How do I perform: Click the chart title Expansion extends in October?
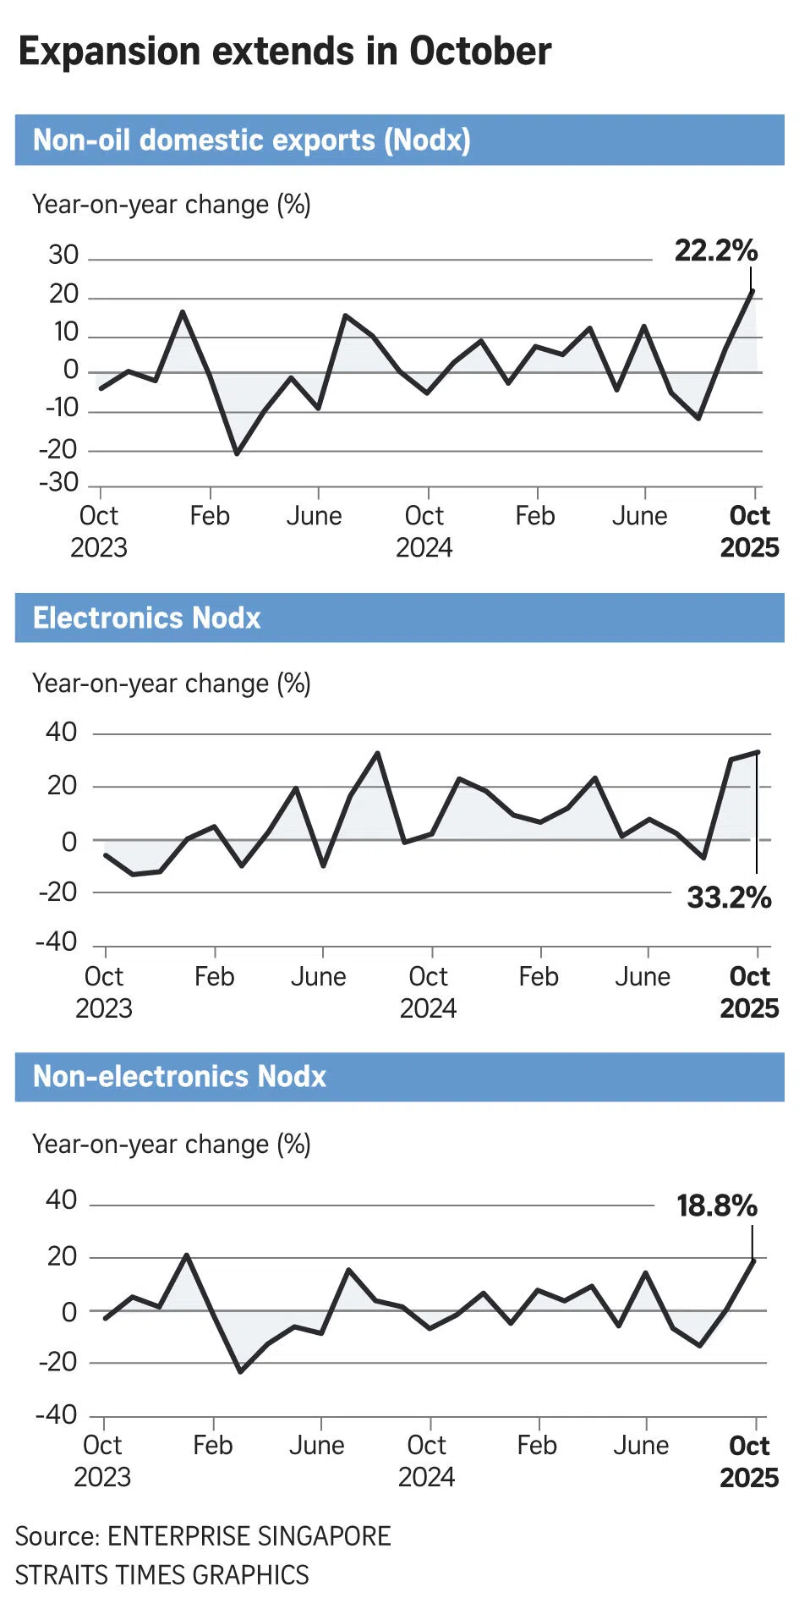coord(284,52)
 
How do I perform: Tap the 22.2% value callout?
coord(715,250)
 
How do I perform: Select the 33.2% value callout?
coord(729,898)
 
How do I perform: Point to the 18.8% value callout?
coord(716,1205)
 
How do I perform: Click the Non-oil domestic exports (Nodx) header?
coord(251,140)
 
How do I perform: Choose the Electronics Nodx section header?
coord(147,618)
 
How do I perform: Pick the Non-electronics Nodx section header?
coord(179,1076)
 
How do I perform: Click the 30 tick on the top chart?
coord(63,255)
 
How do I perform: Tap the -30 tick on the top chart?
coord(58,482)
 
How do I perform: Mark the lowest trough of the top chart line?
coord(237,453)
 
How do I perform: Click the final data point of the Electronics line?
coord(758,752)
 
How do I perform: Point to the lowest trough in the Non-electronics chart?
coord(240,1371)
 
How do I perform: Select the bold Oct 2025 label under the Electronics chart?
coord(749,992)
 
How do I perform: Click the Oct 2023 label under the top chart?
coord(98,531)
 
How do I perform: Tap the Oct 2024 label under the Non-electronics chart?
coord(426,1461)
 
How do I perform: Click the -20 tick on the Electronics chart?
coord(57,892)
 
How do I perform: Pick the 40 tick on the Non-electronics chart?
coord(61,1200)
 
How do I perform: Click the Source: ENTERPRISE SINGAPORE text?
coord(203,1536)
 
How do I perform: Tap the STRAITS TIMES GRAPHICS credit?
coord(161,1575)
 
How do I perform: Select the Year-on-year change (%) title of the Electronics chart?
coord(172,684)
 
